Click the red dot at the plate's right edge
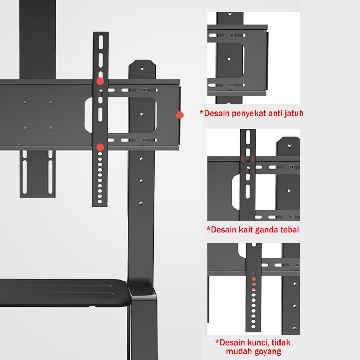tap(180, 115)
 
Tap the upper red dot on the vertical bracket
tap(100, 81)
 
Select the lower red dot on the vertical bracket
tap(100, 147)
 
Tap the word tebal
tap(289, 230)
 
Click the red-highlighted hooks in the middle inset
tap(248, 159)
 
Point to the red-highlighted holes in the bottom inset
tap(253, 283)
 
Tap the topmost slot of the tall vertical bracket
tap(101, 39)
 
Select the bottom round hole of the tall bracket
tap(100, 201)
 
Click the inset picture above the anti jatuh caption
tap(253, 58)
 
